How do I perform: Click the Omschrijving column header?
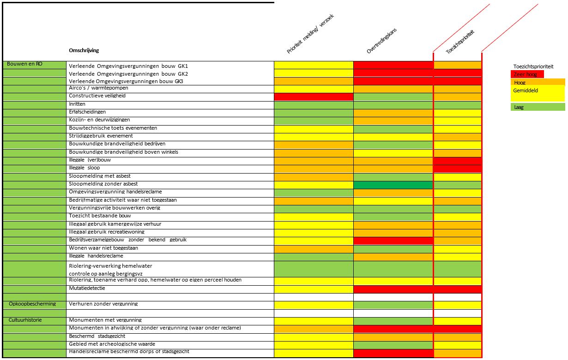pos(84,50)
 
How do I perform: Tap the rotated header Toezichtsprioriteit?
pos(460,42)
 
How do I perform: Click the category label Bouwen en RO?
pos(24,64)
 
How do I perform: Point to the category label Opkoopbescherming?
pos(32,304)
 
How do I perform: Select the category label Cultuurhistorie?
pos(26,320)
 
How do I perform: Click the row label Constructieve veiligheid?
pos(97,96)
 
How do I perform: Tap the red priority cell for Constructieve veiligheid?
pos(314,96)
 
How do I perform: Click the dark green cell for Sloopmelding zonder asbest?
pos(393,185)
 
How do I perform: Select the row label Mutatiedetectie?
pos(87,288)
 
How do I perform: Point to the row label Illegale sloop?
pos(84,168)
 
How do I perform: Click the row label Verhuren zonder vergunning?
pos(103,304)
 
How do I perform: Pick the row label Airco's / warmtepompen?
pos(99,88)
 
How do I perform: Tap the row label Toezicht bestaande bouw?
pos(100,216)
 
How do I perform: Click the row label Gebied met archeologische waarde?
pos(112,344)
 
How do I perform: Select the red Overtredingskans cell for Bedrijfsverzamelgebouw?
pos(393,240)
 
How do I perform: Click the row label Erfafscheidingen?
pos(87,112)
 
